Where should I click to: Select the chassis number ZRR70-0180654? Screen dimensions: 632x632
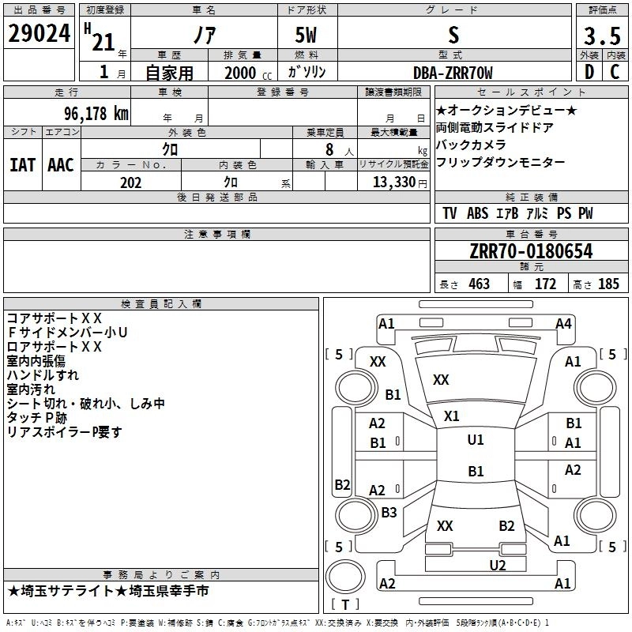tap(531, 251)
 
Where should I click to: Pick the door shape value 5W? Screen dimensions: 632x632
tap(308, 36)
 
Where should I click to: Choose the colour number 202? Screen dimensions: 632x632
tap(130, 182)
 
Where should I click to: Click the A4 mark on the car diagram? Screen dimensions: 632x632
tap(563, 323)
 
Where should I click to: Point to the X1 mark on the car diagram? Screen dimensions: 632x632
tap(451, 416)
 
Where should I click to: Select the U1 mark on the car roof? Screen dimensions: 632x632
tap(475, 440)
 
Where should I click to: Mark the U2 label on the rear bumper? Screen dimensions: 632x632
tap(497, 565)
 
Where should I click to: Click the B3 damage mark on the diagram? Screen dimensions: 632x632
tap(389, 513)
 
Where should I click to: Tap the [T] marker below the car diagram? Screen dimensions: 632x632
tap(345, 605)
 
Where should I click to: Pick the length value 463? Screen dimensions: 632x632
tap(478, 284)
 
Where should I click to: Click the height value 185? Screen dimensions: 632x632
tap(608, 284)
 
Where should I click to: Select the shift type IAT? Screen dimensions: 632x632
tap(22, 165)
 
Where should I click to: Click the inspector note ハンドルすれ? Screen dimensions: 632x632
tap(43, 375)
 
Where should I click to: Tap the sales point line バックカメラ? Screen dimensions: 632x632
tap(471, 145)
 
